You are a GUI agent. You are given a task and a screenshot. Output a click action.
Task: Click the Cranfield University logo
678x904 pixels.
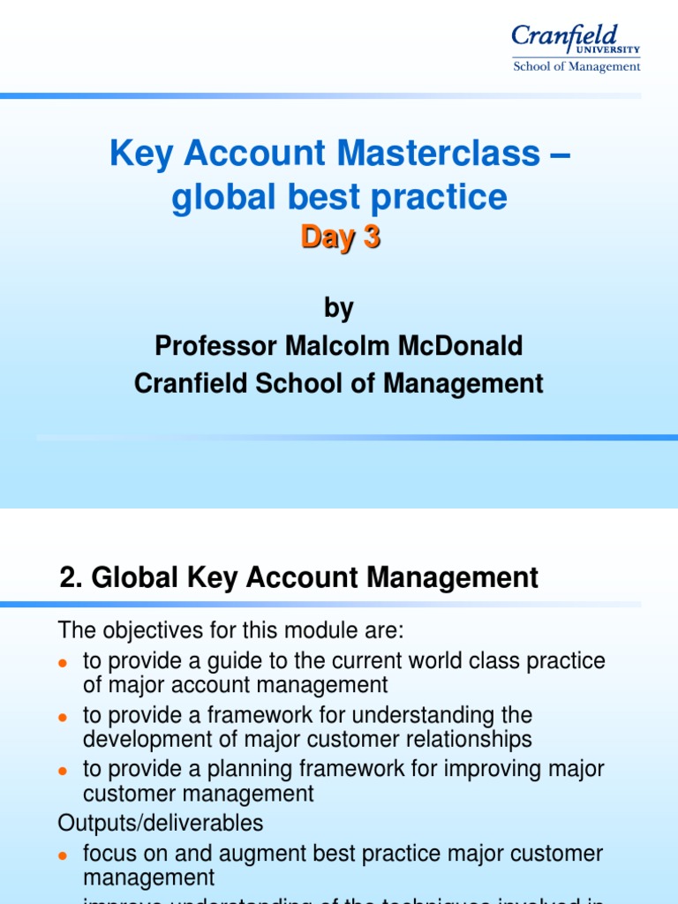[575, 40]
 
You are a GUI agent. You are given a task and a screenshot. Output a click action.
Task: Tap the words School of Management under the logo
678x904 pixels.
[576, 66]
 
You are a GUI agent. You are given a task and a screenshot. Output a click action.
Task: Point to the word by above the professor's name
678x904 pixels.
[339, 308]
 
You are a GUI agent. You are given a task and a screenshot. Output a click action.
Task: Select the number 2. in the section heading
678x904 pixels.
[71, 578]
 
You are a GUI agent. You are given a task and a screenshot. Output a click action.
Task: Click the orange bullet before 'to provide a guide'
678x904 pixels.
[63, 663]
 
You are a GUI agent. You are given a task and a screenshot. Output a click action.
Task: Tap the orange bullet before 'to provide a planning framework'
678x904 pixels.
[63, 770]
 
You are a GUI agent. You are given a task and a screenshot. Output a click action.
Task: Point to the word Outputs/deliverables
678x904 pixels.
[161, 823]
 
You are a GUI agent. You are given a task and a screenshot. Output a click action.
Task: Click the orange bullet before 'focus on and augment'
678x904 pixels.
[63, 855]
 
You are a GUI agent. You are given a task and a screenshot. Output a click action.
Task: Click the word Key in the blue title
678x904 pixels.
[139, 154]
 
